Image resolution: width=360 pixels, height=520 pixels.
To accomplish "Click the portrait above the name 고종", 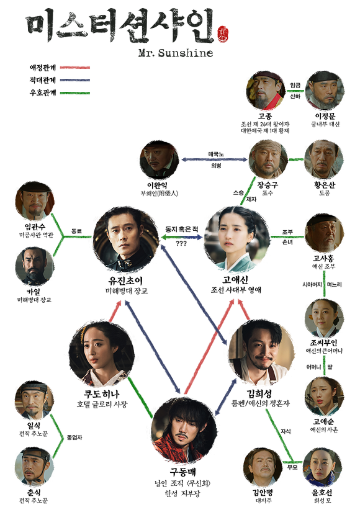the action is [x=266, y=90].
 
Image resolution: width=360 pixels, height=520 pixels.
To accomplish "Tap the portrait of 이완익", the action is [x=160, y=160].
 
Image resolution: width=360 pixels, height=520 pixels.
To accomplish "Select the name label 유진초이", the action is [x=125, y=281].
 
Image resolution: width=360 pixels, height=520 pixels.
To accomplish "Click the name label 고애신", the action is [x=235, y=280].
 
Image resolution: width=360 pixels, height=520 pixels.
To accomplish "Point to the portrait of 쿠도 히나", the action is [x=102, y=354].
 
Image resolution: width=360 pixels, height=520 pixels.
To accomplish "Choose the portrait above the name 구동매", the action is [x=184, y=430].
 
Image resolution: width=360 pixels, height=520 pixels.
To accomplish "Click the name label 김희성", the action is [x=259, y=393].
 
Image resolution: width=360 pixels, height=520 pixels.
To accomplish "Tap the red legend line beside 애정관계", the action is [x=75, y=68].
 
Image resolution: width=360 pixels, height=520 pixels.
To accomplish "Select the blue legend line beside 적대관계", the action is [x=75, y=80].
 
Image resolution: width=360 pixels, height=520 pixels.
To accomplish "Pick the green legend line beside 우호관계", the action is [x=75, y=93].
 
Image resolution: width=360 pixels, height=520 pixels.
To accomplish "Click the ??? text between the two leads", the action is [x=181, y=243].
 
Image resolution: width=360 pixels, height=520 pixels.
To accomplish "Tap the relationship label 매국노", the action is [x=216, y=155].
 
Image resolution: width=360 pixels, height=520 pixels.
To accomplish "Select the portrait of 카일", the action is [x=35, y=266].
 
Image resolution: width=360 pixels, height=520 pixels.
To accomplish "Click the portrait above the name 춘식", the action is [x=35, y=467].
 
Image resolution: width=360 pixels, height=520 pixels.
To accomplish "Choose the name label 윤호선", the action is [x=322, y=492].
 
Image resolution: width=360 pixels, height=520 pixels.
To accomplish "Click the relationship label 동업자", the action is [x=74, y=437].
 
